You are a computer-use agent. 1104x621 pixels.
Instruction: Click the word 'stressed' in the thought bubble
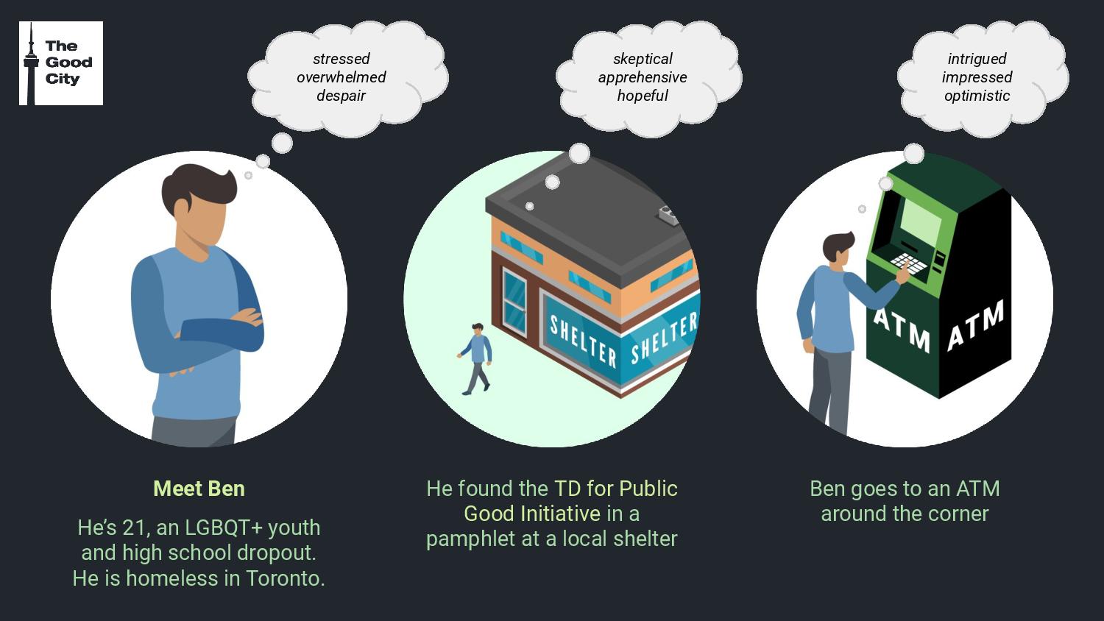[x=341, y=59]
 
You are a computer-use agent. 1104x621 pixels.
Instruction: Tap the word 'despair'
[x=341, y=96]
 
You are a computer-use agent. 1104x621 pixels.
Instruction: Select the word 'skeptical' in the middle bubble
[x=643, y=59]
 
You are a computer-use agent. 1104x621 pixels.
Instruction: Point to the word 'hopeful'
[x=643, y=96]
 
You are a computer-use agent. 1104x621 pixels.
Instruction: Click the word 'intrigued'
[x=977, y=59]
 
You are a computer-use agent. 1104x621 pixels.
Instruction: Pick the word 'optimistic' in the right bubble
[x=977, y=96]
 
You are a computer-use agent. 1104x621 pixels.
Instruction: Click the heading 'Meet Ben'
[x=199, y=489]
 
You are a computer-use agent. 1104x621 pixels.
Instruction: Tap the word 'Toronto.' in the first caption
[x=286, y=578]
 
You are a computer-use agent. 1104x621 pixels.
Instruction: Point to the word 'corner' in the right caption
[x=958, y=514]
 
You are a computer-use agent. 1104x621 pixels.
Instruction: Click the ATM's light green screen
[x=921, y=220]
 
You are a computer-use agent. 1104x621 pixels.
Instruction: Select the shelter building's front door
[x=514, y=299]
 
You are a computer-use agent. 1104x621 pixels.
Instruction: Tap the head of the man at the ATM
[x=838, y=247]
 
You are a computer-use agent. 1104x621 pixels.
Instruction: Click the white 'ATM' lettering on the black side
[x=976, y=324]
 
